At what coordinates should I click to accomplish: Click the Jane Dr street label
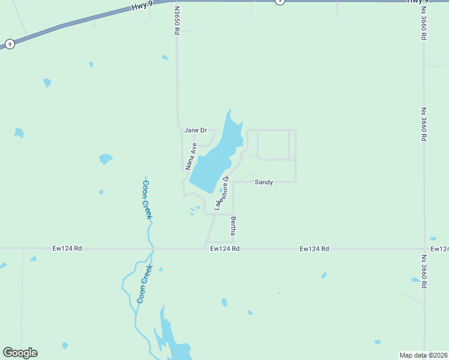point(196,130)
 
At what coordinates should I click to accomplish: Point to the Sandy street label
point(264,182)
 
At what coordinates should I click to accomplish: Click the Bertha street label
point(234,226)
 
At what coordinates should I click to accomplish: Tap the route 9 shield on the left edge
point(9,44)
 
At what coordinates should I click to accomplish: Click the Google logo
point(20,353)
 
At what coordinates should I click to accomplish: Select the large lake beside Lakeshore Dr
point(216,157)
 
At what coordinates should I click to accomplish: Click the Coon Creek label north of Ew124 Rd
point(146,200)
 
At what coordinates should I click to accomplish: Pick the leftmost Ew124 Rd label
point(67,248)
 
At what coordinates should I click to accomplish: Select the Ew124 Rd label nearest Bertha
point(225,248)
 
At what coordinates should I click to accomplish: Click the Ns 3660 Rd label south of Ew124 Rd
point(424,272)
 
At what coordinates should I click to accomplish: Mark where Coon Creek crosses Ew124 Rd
point(153,248)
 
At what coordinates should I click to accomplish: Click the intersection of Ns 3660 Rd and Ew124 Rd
point(424,248)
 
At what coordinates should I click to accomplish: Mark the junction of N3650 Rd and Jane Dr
point(180,129)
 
